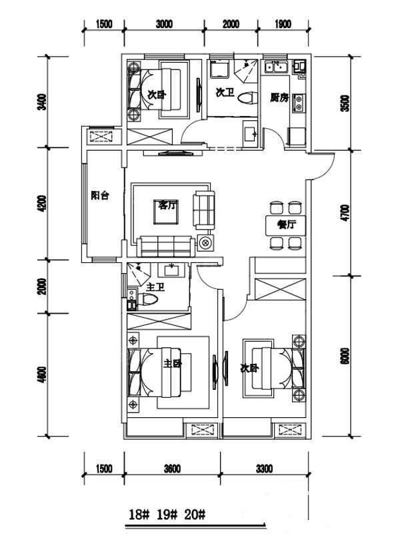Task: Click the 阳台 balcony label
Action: coord(100,196)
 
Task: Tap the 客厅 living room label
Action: coord(169,205)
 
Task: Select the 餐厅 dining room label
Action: coord(287,224)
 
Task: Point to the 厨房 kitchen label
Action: coord(279,97)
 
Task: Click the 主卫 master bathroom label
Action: coord(155,287)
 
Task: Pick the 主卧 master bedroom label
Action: coord(172,363)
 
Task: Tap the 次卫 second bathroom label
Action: coord(225,92)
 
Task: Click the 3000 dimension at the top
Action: coord(164,24)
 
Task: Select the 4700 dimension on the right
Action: coord(345,214)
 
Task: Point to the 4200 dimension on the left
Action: coord(42,204)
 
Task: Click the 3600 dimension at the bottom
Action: coord(172,469)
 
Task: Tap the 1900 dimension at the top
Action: coord(283,24)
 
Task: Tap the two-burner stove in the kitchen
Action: coord(299,103)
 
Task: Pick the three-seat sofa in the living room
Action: coord(166,246)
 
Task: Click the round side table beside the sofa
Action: coord(205,243)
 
